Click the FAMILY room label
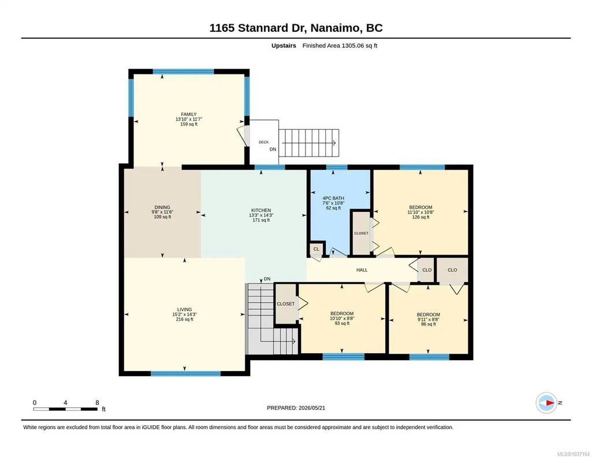click(x=189, y=115)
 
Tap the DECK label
click(x=263, y=142)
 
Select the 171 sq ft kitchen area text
click(x=261, y=220)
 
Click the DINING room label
click(x=162, y=207)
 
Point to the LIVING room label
click(x=185, y=309)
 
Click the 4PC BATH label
click(x=333, y=198)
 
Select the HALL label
click(x=362, y=270)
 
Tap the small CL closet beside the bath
click(x=317, y=249)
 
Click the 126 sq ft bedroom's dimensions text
click(x=420, y=212)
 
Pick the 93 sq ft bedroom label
click(x=342, y=314)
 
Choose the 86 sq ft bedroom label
click(x=429, y=315)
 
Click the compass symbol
click(x=547, y=403)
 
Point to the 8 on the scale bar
click(x=97, y=403)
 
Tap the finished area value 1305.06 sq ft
click(x=359, y=46)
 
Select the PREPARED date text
click(x=296, y=407)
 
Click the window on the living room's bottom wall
click(x=186, y=374)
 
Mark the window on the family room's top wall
click(x=184, y=72)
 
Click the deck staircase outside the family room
click(x=309, y=143)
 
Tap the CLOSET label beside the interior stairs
click(x=286, y=304)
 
